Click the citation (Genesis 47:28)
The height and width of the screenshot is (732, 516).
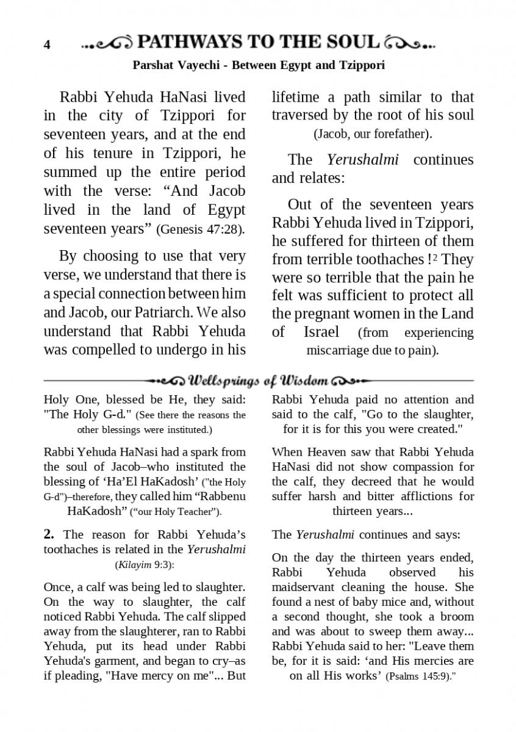[201, 230]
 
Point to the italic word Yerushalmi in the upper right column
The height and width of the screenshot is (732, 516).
[362, 160]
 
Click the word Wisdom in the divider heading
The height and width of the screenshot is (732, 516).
[304, 381]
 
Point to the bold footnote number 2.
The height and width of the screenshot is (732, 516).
[49, 534]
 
